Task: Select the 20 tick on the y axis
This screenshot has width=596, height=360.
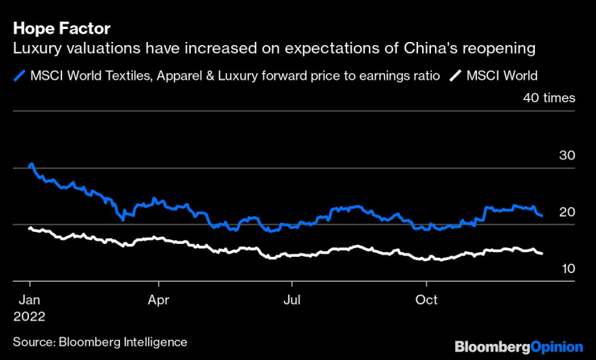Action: pos(566,212)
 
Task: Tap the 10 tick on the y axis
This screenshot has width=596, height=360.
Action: pos(566,268)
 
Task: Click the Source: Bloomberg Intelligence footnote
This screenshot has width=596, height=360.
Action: pos(99,342)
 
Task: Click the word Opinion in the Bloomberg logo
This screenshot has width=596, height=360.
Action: pos(557,347)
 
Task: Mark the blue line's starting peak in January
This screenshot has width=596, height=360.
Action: pos(31,165)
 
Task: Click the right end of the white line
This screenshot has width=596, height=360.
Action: pos(541,253)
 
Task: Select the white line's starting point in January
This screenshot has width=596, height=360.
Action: pos(30,229)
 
